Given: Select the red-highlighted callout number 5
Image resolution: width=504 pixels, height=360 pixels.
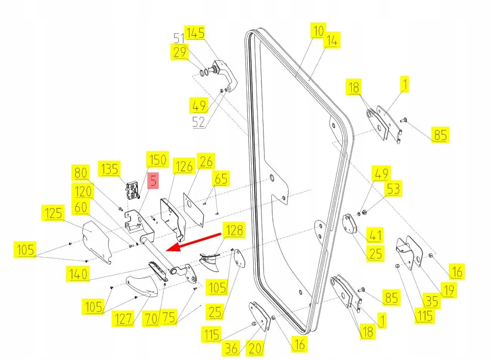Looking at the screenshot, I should coord(153,181).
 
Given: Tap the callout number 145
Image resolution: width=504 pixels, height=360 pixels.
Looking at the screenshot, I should coord(195,33).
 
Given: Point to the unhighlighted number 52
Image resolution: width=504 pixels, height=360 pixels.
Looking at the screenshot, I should coord(199,122).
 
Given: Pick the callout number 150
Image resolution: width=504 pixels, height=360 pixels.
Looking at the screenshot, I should coord(158,160).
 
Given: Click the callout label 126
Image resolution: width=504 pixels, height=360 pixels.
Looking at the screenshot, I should coord(184,167).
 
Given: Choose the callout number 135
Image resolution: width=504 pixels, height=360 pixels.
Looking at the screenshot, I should coord(109,169).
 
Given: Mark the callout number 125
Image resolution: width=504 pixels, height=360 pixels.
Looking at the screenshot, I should coord(53,213).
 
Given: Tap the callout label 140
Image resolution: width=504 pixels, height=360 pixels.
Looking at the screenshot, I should coord(78,274).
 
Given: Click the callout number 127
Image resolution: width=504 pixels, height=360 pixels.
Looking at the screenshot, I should coord(123,319).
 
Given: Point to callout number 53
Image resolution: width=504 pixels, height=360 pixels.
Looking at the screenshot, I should coord(393,189).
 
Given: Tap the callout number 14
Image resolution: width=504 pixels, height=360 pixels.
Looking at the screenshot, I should coord(332,42).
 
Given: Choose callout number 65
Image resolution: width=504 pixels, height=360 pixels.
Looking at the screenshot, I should coord(221,178).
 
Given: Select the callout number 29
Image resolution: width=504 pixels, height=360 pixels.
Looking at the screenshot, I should coord(180,51).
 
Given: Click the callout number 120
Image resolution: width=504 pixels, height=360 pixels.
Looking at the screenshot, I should coord(84,191).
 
